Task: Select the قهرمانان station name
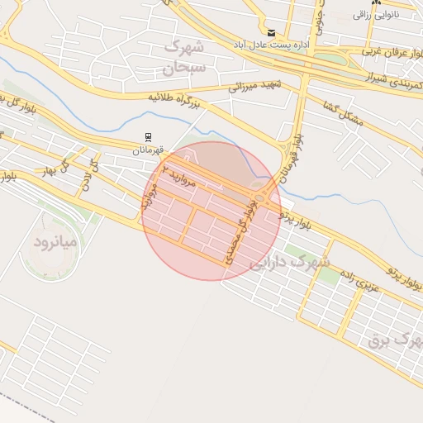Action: [x=152, y=151]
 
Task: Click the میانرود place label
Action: [x=55, y=242]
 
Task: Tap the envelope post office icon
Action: [x=271, y=32]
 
